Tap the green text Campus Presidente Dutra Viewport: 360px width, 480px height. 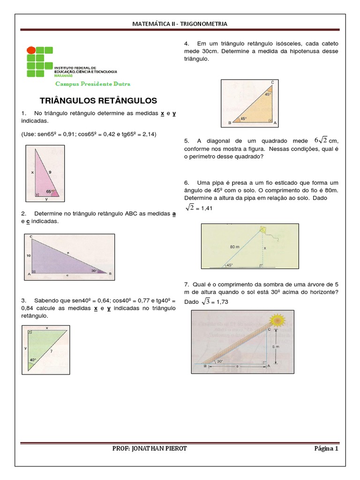[93, 84]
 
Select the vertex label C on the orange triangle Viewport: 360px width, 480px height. [272, 82]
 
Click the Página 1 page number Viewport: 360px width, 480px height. [326, 449]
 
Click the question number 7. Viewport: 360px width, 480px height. [187, 284]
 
